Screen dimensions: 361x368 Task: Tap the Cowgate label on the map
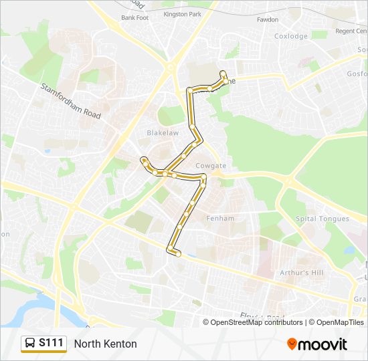coord(210,166)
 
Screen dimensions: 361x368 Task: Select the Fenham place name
coord(220,219)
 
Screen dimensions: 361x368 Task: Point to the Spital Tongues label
coord(322,219)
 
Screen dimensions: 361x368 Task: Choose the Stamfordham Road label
coord(70,101)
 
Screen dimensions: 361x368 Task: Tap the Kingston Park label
coord(182,13)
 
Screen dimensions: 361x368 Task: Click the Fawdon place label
coord(268,19)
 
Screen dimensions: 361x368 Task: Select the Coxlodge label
coord(290,36)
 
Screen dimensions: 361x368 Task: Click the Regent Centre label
coord(351,31)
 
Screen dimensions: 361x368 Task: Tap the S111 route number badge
coord(52,343)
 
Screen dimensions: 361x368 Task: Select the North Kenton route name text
coord(106,344)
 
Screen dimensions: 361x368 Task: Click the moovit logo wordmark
coord(323,344)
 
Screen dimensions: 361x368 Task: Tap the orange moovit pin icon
coord(292,344)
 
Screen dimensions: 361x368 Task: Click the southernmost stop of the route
coord(178,254)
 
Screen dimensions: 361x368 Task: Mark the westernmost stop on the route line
coord(143,159)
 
